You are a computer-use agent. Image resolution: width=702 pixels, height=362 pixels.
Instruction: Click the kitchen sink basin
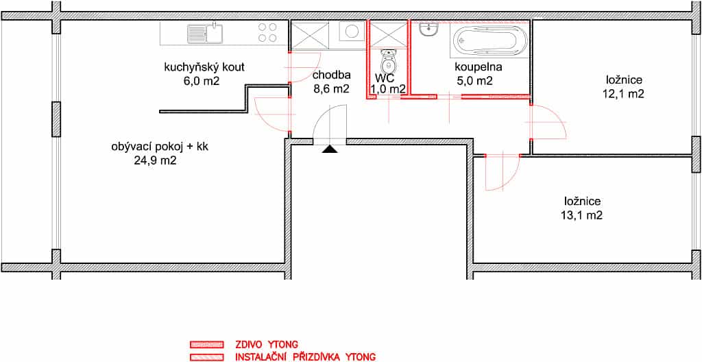tap(214, 32)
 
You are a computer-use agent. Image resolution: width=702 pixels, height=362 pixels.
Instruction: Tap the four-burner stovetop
tap(267, 33)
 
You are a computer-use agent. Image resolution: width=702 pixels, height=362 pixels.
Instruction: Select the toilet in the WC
tap(388, 62)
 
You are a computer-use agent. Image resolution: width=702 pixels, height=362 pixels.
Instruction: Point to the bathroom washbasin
tap(429, 30)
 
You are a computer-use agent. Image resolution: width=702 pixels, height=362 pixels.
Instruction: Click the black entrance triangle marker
tap(330, 150)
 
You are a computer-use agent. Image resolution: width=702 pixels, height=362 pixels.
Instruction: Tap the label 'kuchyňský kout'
tap(204, 68)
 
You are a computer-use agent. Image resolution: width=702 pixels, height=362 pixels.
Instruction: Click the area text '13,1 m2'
tap(581, 215)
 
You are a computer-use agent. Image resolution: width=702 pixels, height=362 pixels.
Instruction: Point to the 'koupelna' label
tap(479, 67)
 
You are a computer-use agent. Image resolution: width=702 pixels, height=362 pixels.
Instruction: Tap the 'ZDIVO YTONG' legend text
tap(267, 345)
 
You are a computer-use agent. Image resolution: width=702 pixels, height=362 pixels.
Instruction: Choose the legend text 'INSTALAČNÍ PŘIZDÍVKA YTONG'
tap(305, 357)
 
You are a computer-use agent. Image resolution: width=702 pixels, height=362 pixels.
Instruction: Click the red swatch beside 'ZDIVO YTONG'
tap(206, 345)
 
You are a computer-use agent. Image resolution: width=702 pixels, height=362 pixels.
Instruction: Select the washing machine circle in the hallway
tap(352, 32)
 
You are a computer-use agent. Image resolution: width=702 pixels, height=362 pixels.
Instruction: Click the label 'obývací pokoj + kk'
tap(159, 147)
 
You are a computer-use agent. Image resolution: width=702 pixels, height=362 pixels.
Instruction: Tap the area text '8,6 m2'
tap(331, 88)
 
